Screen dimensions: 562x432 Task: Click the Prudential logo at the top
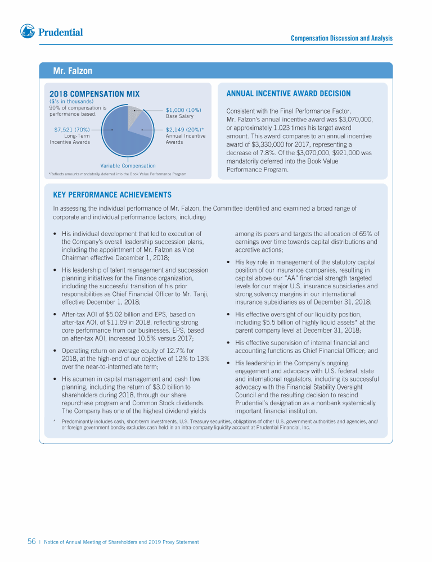(x=51, y=32)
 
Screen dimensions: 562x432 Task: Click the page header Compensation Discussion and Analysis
(x=341, y=38)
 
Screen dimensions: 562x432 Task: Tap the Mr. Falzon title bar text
(x=73, y=71)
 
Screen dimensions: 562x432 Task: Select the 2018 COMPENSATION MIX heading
(x=94, y=94)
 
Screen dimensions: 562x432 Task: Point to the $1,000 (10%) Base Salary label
(x=183, y=110)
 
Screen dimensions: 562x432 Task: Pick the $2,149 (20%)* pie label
(x=184, y=129)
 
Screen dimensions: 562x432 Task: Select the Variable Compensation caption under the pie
(x=128, y=166)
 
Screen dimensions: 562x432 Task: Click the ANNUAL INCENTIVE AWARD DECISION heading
(x=288, y=93)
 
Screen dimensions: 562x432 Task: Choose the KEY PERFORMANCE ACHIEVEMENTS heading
(x=112, y=194)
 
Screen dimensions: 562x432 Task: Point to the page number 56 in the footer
(x=32, y=542)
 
